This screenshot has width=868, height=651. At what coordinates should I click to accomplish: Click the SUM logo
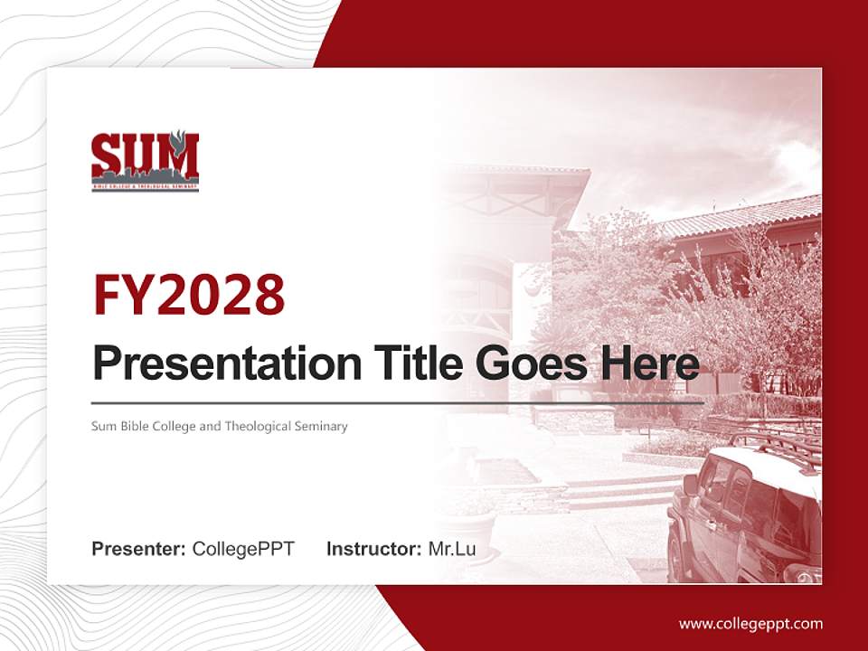click(x=145, y=162)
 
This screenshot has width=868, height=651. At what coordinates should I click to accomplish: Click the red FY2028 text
click(x=189, y=294)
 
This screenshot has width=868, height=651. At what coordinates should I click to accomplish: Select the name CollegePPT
click(x=243, y=549)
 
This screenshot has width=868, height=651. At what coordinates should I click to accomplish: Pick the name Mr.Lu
click(x=452, y=549)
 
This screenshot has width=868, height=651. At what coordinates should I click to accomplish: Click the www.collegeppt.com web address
click(x=750, y=623)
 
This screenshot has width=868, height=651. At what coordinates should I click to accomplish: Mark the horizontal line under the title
click(x=398, y=402)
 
